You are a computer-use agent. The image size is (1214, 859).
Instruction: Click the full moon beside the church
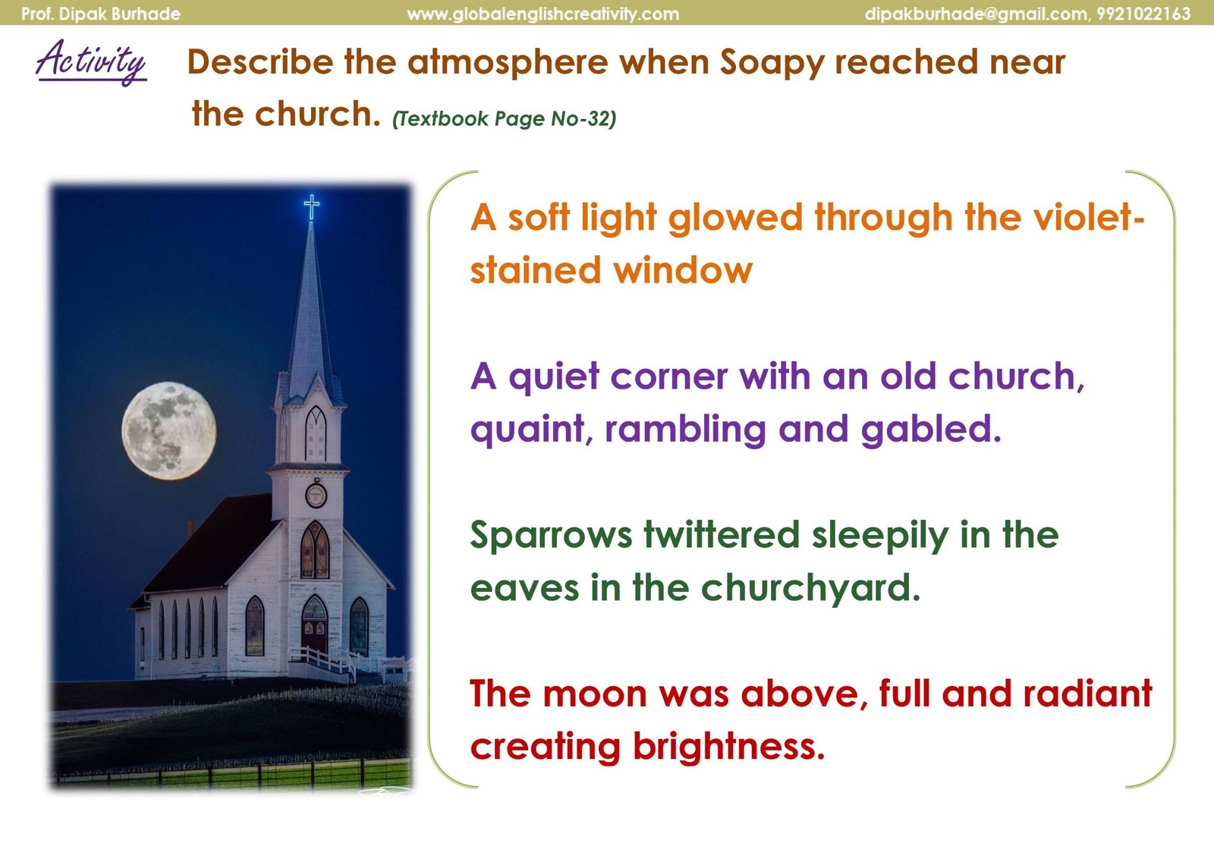168,431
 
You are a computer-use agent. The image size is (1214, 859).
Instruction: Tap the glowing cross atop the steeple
312,207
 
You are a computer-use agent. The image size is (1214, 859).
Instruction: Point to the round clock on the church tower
316,496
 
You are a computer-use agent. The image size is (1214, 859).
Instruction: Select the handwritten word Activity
91,61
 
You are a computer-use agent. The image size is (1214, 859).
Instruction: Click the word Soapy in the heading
772,63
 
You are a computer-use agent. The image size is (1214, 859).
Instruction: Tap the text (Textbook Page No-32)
504,118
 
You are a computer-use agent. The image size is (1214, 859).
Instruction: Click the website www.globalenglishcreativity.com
543,14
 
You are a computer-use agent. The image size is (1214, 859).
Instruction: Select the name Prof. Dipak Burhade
101,14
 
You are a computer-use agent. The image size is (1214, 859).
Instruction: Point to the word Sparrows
551,536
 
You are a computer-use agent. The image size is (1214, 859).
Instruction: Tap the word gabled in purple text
930,429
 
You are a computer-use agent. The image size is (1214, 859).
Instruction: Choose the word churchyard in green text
810,588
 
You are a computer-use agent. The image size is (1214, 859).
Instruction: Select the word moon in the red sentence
595,694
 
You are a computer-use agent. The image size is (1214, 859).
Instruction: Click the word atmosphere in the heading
508,63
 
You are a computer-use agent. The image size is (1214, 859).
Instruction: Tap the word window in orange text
682,270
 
